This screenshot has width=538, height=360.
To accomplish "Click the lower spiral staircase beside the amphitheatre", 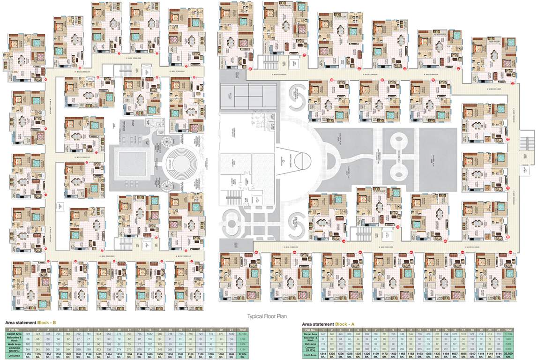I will [165, 186].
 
